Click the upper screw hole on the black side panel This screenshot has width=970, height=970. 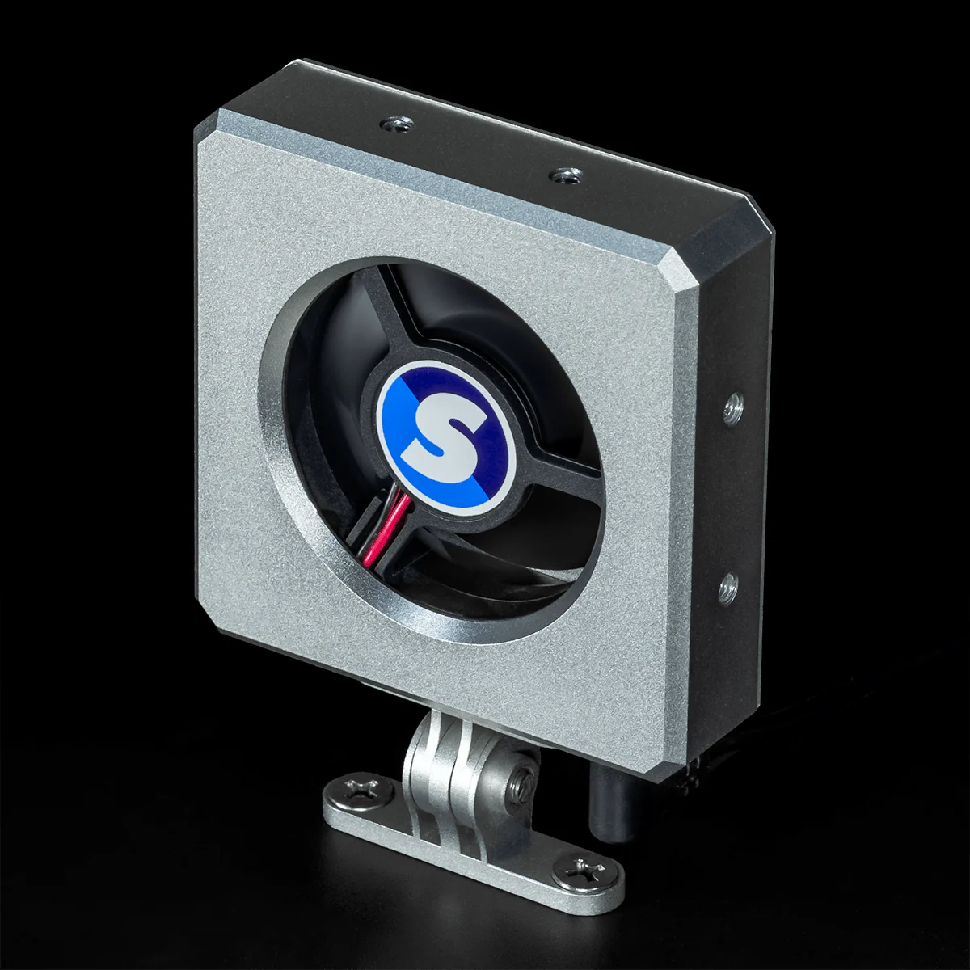[733, 407]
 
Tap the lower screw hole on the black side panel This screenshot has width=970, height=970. [727, 584]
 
